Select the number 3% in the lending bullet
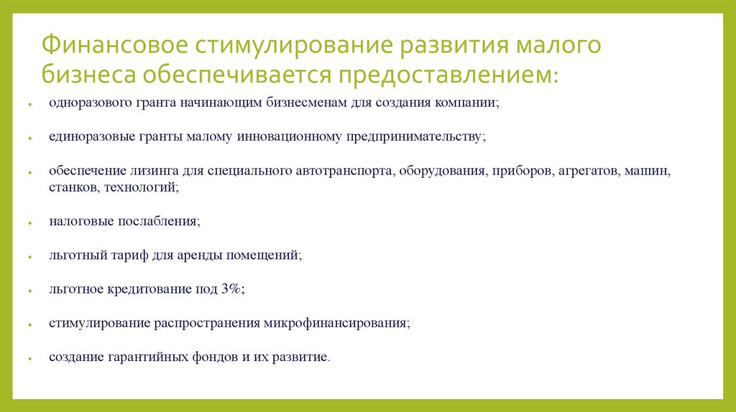[x=231, y=289]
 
